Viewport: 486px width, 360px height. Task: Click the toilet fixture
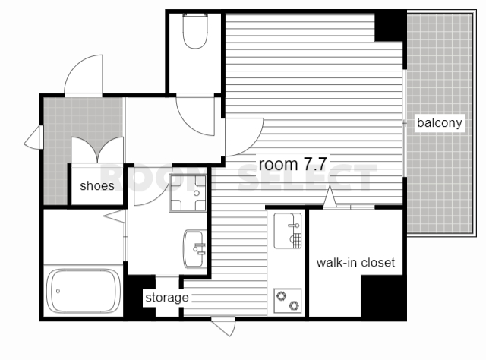(x=195, y=30)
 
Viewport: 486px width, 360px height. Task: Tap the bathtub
(x=84, y=291)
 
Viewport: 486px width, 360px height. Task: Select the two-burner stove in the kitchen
(x=288, y=301)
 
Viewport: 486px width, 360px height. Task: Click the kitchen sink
(x=288, y=230)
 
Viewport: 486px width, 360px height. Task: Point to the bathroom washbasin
(x=195, y=248)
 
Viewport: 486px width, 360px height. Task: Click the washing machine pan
(x=188, y=193)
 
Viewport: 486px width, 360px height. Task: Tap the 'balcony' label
(x=440, y=123)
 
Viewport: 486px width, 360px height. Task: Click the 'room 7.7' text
(x=293, y=164)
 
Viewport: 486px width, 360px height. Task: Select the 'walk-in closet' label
(x=355, y=263)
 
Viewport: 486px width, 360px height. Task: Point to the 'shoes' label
(x=97, y=186)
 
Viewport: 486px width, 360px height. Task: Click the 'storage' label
(x=167, y=298)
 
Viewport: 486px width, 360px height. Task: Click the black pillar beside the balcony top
(x=390, y=26)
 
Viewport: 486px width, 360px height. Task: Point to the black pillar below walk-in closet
(x=383, y=298)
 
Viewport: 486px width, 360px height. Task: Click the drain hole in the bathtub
(x=58, y=291)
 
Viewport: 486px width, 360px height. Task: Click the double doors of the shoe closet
(x=97, y=150)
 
